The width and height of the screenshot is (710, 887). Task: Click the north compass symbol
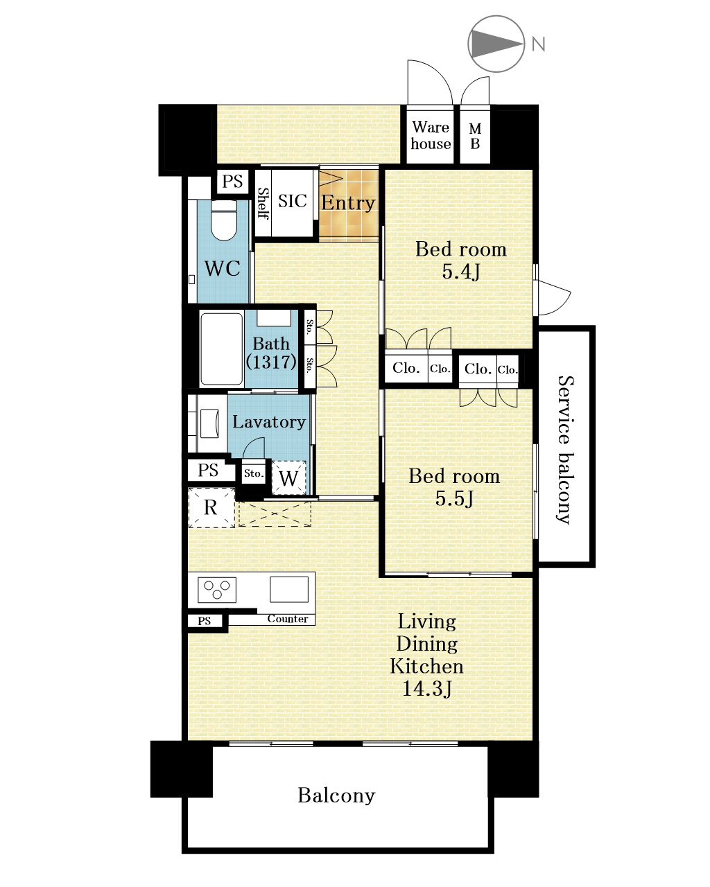(x=496, y=44)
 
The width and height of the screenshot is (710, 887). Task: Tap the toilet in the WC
(x=223, y=220)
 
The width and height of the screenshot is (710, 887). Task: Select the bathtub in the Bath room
(x=222, y=349)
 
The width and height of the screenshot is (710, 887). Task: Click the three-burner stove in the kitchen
(x=217, y=590)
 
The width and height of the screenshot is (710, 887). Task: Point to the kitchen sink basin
(x=289, y=590)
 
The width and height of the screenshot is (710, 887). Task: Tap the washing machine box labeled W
(x=288, y=477)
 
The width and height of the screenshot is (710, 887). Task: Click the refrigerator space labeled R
(x=211, y=507)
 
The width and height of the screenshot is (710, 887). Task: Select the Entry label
(x=348, y=203)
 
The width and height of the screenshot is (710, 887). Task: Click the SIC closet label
(x=292, y=201)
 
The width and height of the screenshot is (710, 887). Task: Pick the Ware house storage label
(x=431, y=135)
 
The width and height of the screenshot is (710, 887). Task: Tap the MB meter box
(x=475, y=136)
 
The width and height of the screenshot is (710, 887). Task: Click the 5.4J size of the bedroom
(x=461, y=272)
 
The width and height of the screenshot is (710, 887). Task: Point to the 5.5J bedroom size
(x=454, y=498)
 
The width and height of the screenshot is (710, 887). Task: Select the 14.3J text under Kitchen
(x=426, y=688)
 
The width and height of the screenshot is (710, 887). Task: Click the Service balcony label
(x=566, y=450)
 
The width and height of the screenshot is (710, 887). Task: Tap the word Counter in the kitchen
(x=288, y=619)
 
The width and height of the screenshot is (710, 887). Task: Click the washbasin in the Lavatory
(x=209, y=423)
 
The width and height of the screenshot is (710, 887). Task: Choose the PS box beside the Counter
(x=205, y=621)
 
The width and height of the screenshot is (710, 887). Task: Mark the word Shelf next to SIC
(x=263, y=204)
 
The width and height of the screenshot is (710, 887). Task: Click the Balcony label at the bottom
(x=336, y=795)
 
